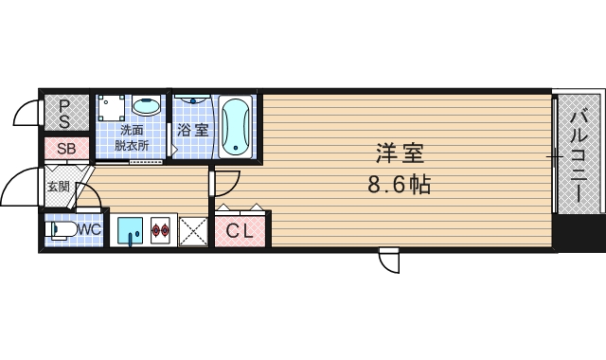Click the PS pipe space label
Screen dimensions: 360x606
click(x=64, y=114)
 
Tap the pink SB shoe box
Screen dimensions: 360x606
click(x=66, y=148)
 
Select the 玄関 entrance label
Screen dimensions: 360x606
click(x=58, y=186)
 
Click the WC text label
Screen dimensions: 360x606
click(x=89, y=229)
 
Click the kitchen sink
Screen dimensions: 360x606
click(x=130, y=230)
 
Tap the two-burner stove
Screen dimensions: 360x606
click(x=160, y=230)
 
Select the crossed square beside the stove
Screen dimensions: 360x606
click(x=193, y=230)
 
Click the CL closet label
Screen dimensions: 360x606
click(x=239, y=229)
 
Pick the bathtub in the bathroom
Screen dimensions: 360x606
click(x=236, y=126)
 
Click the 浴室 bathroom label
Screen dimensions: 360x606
click(x=193, y=131)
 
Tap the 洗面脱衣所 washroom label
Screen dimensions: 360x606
click(x=131, y=138)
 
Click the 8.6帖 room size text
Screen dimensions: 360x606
click(x=399, y=185)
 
